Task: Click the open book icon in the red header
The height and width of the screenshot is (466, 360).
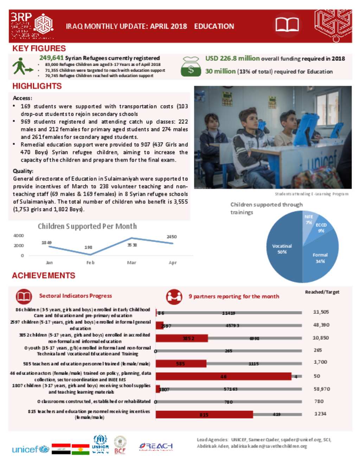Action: [287, 25]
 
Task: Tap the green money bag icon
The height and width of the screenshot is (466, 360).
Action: [191, 67]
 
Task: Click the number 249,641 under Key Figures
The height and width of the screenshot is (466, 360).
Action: [51, 58]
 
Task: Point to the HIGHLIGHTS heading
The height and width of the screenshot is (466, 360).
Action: [37, 86]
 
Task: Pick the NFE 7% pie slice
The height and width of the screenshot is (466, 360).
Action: [308, 219]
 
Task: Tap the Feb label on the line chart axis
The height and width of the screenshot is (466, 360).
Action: [90, 263]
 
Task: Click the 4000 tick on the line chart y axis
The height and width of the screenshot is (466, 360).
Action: [19, 236]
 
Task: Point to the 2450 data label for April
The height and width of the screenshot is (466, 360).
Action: [172, 237]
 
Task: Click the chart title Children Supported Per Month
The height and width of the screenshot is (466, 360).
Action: [87, 226]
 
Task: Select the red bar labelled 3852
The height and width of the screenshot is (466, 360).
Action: [182, 338]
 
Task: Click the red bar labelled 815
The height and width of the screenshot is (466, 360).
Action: [204, 415]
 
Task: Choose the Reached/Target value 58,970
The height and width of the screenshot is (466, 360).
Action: [321, 389]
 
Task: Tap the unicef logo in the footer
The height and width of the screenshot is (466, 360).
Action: [30, 449]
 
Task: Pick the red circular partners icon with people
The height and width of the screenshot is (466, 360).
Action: [174, 296]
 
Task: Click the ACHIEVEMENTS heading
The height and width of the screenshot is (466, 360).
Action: [44, 275]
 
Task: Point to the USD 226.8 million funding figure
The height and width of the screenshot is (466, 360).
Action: [232, 58]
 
